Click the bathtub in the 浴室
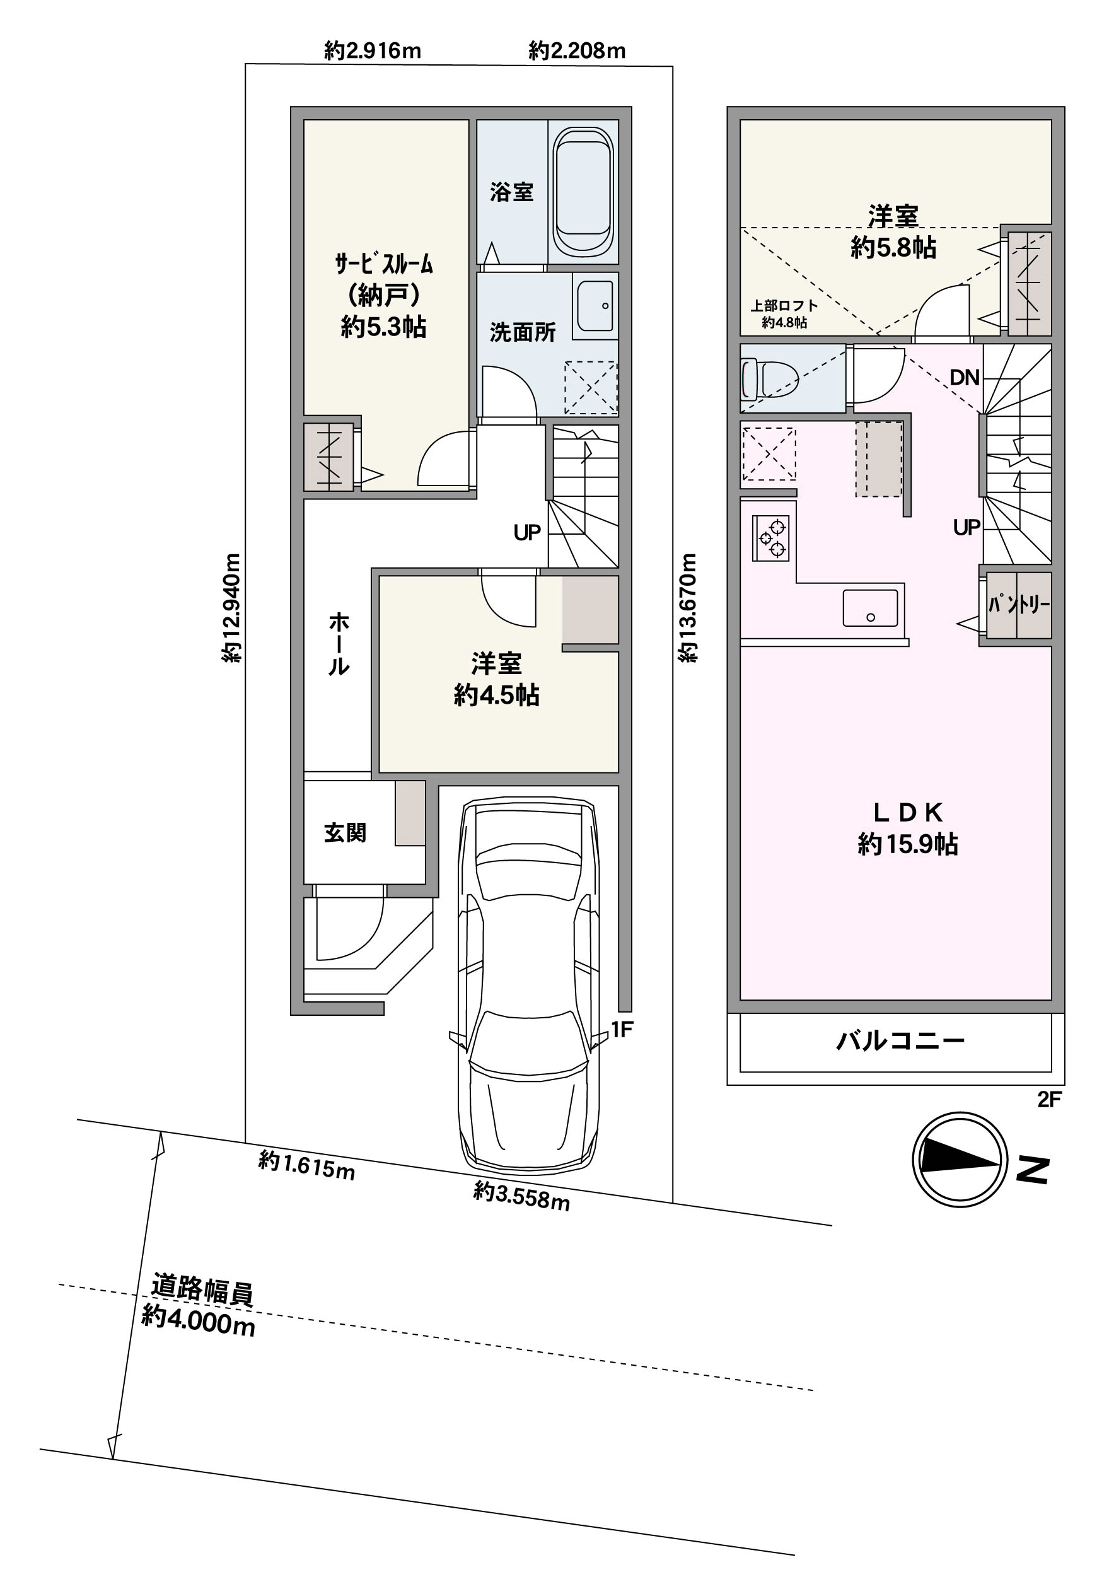tap(583, 192)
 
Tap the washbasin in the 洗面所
tap(595, 306)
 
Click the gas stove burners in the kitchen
tap(770, 537)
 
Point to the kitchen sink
tap(870, 608)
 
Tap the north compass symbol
tap(960, 1160)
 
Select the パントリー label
tap(1019, 605)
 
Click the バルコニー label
tap(900, 1041)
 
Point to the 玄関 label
tap(345, 832)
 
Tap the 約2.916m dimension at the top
tap(373, 50)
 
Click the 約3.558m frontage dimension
tap(521, 1195)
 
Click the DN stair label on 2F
tap(965, 376)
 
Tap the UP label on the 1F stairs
tap(527, 532)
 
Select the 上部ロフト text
tap(784, 305)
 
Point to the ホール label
tap(339, 644)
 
